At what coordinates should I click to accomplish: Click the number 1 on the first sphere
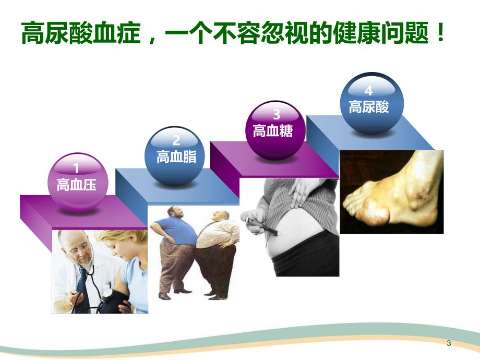(77, 169)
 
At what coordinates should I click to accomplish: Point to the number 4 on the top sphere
(369, 90)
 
